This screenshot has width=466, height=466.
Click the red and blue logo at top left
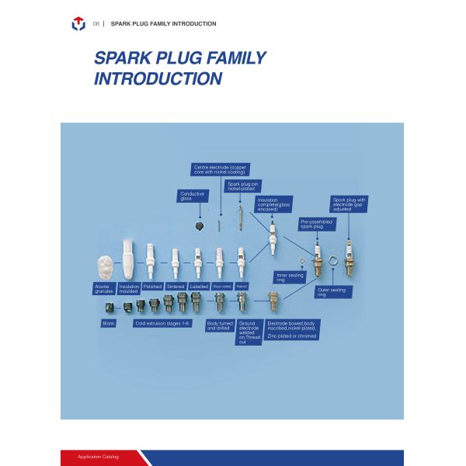[x=78, y=24]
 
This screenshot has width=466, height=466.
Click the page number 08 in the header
[x=96, y=24]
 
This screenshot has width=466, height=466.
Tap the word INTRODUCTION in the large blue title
[x=158, y=78]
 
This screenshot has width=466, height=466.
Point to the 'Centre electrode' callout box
[x=220, y=169]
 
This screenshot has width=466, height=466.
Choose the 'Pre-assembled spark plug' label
[x=316, y=224]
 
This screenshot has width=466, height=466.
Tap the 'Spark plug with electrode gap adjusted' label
[x=349, y=203]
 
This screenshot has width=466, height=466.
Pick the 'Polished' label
[x=152, y=287]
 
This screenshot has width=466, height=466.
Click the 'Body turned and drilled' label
[x=218, y=325]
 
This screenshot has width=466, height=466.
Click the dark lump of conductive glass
[x=200, y=225]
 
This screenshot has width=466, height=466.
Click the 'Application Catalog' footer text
[x=98, y=457]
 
